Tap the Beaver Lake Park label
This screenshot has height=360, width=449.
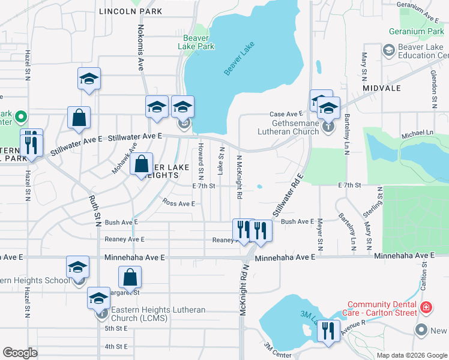tap(197, 42)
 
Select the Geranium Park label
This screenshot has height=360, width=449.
tap(416, 31)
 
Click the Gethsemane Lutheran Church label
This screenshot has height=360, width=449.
tap(288, 127)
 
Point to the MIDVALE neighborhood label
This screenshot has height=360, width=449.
tap(382, 88)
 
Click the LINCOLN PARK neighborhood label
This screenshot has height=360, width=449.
tap(131, 11)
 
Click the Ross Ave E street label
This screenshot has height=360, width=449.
tap(179, 203)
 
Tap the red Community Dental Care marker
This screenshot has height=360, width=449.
tap(426, 307)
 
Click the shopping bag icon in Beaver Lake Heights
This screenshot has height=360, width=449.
tap(141, 163)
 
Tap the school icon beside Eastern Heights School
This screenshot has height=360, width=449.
tap(77, 267)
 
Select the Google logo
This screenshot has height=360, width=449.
tap(20, 352)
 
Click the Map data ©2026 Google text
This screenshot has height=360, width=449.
tap(411, 355)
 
